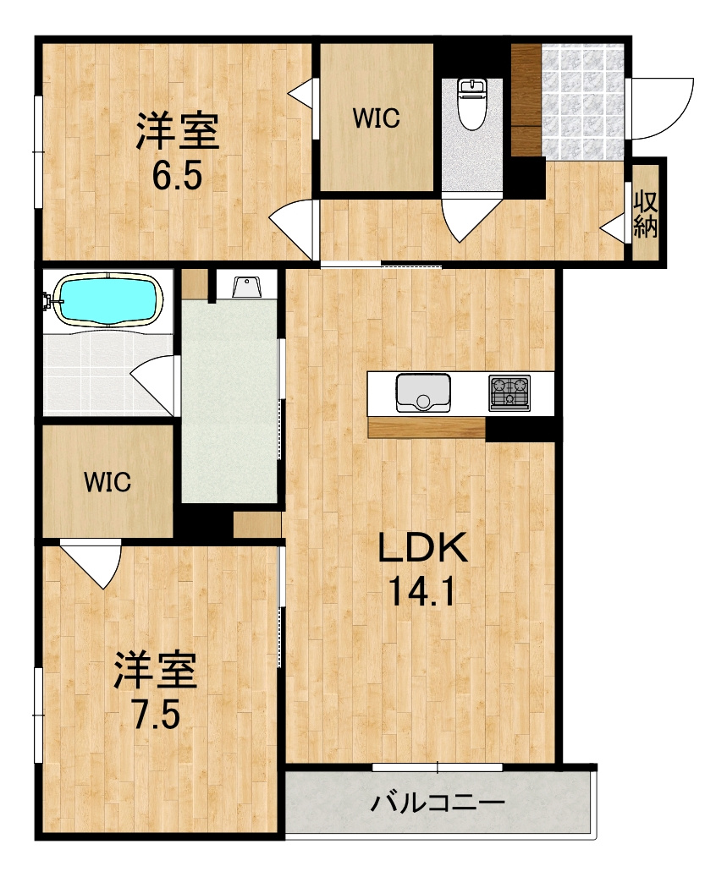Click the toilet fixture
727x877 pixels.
tap(471, 104)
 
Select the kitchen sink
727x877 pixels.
tap(423, 392)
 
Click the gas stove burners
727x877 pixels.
tap(509, 392)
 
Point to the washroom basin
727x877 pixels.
tap(244, 287)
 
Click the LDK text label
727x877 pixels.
tap(422, 547)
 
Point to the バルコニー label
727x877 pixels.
tap(438, 803)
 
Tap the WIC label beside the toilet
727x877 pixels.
tap(376, 118)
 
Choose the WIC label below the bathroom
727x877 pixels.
tap(107, 481)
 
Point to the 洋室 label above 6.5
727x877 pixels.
tap(178, 131)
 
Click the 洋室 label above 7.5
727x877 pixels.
tap(156, 670)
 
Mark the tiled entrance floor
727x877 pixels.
tap(582, 102)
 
